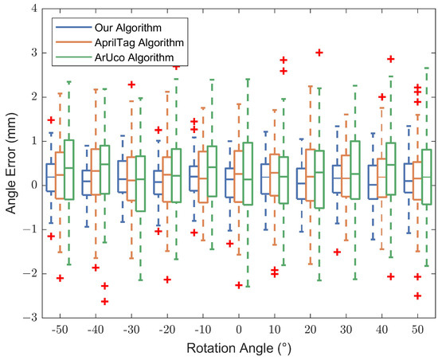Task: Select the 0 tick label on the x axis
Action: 238,328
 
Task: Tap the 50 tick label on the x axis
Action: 417,328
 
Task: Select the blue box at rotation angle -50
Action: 50,176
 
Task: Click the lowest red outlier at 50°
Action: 417,295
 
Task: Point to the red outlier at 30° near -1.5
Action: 338,252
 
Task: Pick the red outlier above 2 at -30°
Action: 131,84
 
